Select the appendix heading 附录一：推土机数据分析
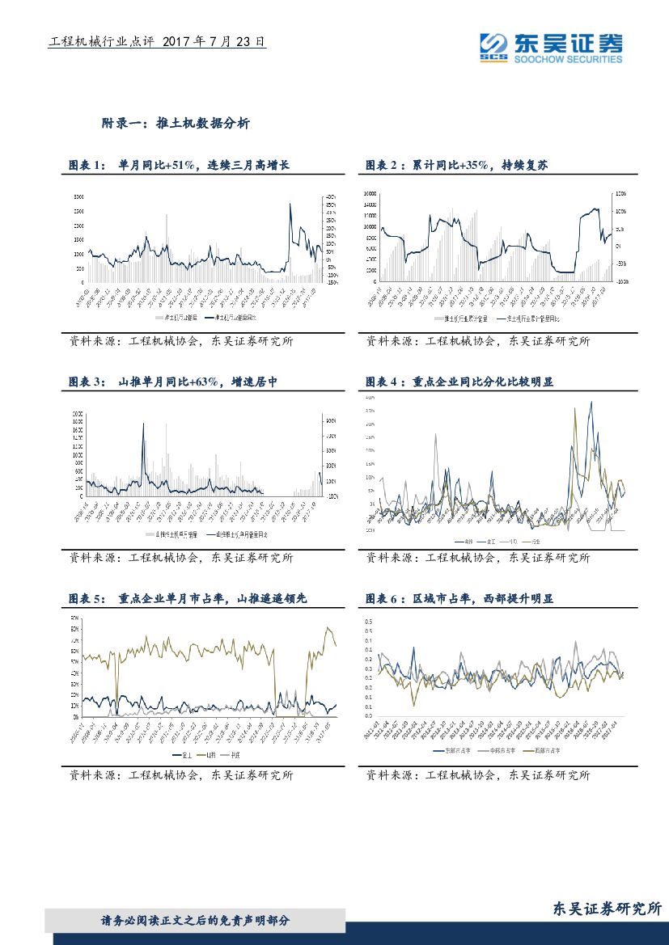coord(176,124)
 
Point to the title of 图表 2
coord(457,165)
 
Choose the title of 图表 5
coord(188,599)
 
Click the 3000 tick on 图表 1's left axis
coord(78,196)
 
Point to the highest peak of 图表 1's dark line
coord(290,204)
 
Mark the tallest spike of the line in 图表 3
coord(144,424)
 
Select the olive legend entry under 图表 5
coord(212,754)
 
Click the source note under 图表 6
coord(478,775)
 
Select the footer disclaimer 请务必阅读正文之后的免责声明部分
coord(195,921)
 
